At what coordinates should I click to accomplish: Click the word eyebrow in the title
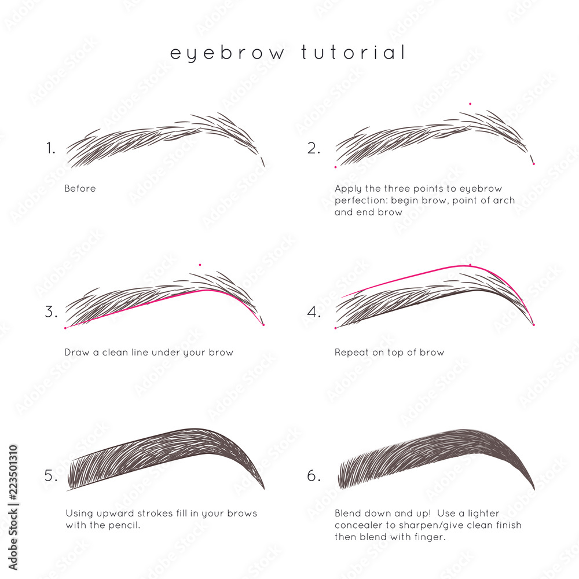pos(228,53)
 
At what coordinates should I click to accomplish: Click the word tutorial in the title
pos(353,53)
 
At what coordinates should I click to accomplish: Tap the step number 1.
pos(51,148)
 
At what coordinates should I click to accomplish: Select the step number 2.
pos(313,148)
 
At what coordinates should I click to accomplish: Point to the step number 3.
pos(51,312)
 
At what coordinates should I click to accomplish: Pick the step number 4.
pos(314,312)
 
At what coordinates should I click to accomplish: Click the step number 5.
pos(51,476)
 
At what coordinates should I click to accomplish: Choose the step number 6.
pos(314,476)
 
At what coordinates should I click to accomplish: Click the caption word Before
pos(80,189)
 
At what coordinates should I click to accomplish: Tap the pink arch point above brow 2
pos(470,104)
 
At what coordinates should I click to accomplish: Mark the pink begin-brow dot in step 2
pos(335,167)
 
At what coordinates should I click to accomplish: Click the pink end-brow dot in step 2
pos(533,164)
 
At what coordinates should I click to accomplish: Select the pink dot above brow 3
pos(200,265)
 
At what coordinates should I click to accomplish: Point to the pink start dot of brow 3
pos(65,328)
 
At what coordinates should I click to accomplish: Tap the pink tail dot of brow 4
pos(533,325)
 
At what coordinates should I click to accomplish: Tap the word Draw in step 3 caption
pos(76,353)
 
